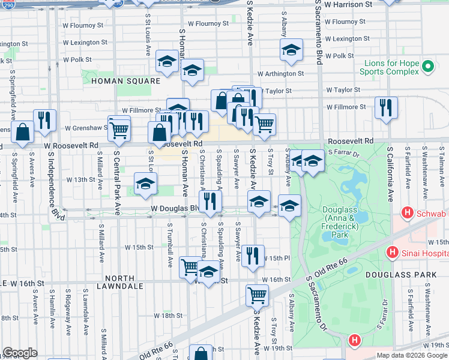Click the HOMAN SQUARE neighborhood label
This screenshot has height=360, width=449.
[125, 80]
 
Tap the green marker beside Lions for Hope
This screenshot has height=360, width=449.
[428, 66]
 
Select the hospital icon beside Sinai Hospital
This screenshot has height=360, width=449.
[393, 251]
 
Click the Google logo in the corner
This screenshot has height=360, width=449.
[20, 353]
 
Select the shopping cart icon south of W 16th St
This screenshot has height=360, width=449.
[257, 295]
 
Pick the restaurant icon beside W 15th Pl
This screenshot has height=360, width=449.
[252, 255]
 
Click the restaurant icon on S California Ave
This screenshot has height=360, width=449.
[386, 107]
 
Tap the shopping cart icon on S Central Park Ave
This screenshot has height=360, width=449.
[119, 127]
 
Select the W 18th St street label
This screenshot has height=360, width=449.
[163, 316]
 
